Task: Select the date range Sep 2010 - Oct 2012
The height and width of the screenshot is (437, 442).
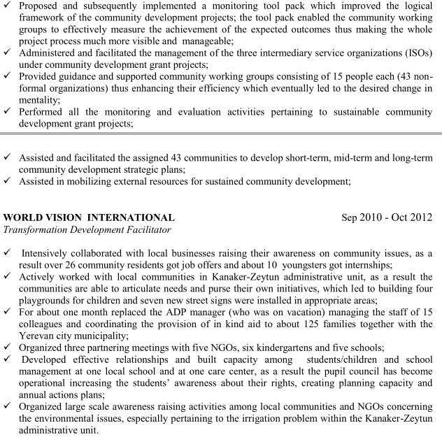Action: pyautogui.click(x=387, y=217)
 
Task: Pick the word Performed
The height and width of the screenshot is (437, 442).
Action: pyautogui.click(x=44, y=111)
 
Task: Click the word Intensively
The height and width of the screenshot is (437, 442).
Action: pyautogui.click(x=49, y=252)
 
